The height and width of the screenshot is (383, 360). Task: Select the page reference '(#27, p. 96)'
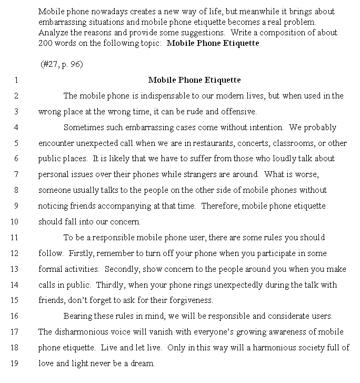click(x=62, y=64)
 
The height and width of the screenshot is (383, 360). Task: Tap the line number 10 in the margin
click(x=15, y=221)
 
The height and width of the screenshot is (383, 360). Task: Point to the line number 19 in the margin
click(x=15, y=363)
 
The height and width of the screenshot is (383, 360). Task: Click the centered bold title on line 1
click(x=194, y=80)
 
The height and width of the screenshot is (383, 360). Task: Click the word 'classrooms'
click(x=293, y=143)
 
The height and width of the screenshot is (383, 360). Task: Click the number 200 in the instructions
click(x=45, y=43)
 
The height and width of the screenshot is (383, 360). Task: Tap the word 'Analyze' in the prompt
click(x=53, y=33)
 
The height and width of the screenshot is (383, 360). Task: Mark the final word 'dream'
click(x=142, y=364)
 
